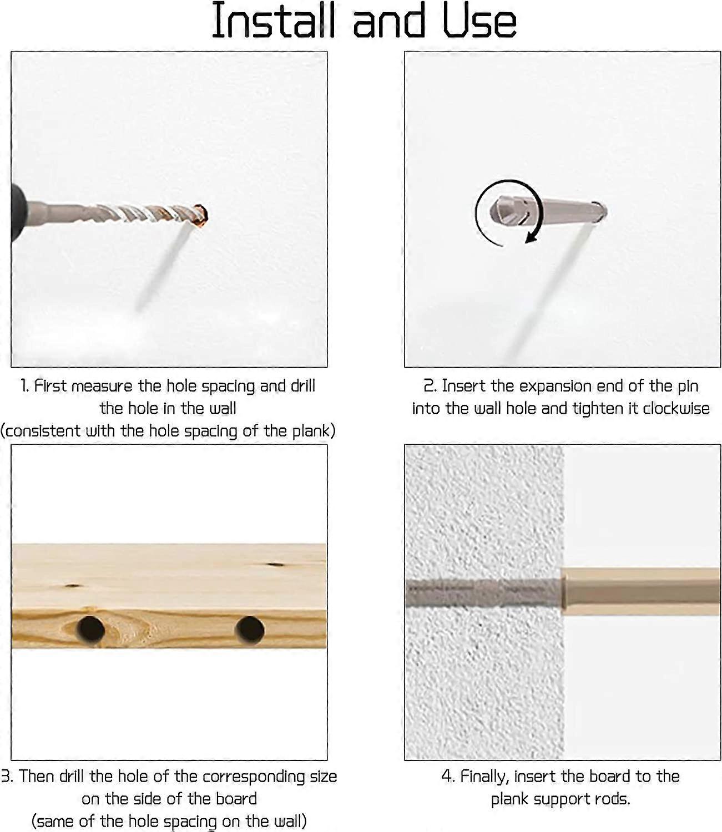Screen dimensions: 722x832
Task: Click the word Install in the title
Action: point(274,21)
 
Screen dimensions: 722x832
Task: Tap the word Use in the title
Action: point(479,21)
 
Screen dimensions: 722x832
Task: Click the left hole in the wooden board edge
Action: point(90,630)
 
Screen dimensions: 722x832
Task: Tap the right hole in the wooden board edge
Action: point(250,630)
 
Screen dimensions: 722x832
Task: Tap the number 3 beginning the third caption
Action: point(6,777)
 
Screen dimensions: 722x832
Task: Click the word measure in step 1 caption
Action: point(102,386)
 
